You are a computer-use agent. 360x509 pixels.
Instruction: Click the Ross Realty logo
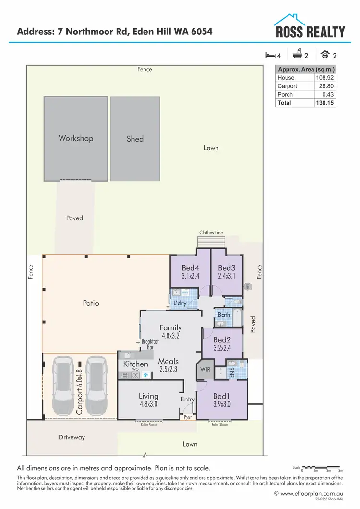(309, 26)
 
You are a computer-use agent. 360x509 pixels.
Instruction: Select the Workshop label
(76, 138)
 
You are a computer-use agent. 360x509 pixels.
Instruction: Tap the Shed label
(135, 139)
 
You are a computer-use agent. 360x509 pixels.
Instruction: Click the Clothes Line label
(211, 233)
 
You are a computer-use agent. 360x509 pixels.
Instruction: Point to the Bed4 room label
(190, 268)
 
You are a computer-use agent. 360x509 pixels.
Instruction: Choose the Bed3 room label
(227, 268)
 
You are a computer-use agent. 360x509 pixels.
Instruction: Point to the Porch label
(188, 417)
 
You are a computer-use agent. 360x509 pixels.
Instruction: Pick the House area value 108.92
(324, 78)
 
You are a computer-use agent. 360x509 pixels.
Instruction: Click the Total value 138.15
(324, 103)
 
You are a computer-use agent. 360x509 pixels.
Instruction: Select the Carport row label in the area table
(287, 86)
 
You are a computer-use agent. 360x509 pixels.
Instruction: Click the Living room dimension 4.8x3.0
(148, 404)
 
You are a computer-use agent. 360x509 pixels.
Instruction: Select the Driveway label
(72, 437)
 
